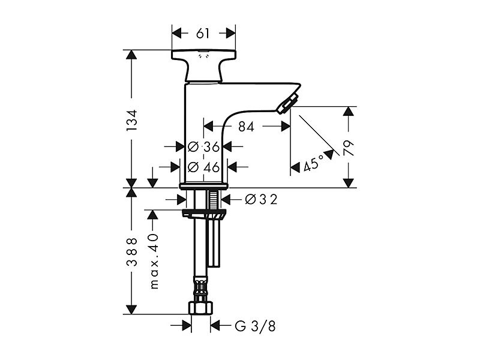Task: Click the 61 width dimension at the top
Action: click(203, 34)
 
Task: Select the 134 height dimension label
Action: click(132, 121)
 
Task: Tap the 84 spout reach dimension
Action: click(246, 127)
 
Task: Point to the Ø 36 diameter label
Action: click(203, 147)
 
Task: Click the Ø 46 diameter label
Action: click(203, 167)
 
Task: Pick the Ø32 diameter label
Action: click(262, 200)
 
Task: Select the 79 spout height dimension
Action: click(349, 148)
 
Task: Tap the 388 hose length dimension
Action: click(132, 251)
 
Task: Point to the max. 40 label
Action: click(154, 262)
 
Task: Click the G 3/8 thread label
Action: click(256, 326)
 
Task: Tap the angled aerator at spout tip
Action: click(287, 104)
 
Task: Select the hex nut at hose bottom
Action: click(200, 308)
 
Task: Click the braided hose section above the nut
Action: click(200, 289)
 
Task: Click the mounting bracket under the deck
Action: click(205, 214)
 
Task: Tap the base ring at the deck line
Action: click(203, 186)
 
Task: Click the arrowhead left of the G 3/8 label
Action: click(187, 326)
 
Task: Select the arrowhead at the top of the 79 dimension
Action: click(349, 112)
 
